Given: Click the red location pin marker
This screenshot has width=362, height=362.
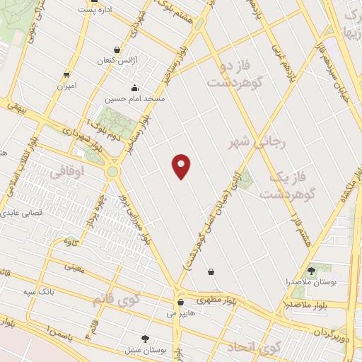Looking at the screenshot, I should [x=182, y=166].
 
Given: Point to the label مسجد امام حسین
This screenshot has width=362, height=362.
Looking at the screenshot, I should [x=134, y=100].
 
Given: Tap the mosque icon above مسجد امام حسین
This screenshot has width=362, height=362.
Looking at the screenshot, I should [x=134, y=89].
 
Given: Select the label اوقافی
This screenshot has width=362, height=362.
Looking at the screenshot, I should [x=68, y=170].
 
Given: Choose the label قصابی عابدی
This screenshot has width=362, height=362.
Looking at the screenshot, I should [x=21, y=211].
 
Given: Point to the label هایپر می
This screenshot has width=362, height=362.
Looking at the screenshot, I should [x=180, y=312].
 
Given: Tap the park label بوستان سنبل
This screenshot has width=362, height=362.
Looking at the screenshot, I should [x=145, y=350].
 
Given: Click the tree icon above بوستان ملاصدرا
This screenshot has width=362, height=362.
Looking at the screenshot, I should [x=311, y=271].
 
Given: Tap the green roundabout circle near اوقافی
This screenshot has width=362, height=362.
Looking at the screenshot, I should [x=112, y=171].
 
